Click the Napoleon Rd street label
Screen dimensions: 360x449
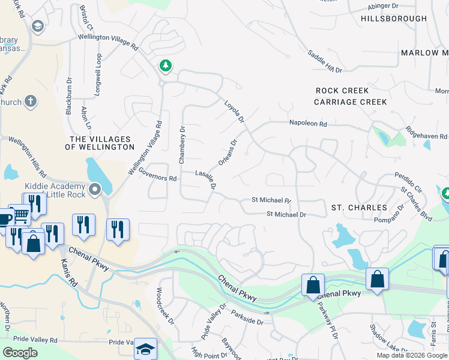point(307,124)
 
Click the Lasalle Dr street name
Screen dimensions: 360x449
point(205,178)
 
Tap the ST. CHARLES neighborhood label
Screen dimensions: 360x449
point(359,208)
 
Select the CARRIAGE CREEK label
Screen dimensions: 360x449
point(351,102)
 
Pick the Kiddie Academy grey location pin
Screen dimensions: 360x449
point(95,190)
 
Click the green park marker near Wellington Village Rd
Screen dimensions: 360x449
point(164,65)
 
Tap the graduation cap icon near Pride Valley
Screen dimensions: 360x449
point(145,349)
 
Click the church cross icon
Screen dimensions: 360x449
point(31,101)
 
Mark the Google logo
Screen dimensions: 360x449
point(20,353)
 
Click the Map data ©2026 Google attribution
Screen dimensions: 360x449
point(412,355)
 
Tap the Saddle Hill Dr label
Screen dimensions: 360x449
point(325,61)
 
